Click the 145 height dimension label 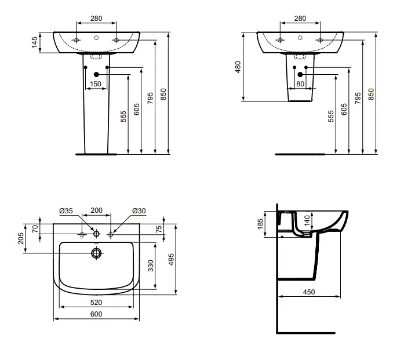(34, 42)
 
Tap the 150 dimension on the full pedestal (96, 84)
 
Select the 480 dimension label (238, 67)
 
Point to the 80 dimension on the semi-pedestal (300, 84)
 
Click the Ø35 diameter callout (66, 210)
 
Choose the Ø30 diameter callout (139, 210)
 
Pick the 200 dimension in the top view (96, 210)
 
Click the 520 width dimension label (96, 302)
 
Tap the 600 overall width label (96, 314)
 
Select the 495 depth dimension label (171, 259)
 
